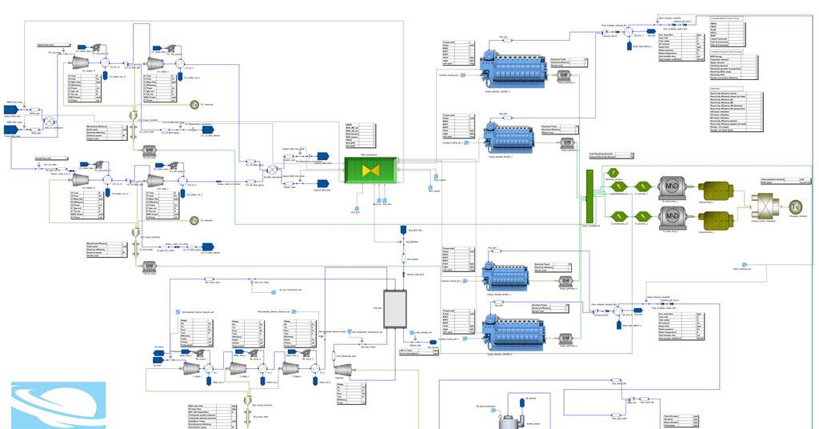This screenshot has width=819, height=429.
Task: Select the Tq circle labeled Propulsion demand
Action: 795,206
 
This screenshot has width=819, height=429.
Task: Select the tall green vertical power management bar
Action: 588,197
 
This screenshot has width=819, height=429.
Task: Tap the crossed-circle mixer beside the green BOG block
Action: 272,170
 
